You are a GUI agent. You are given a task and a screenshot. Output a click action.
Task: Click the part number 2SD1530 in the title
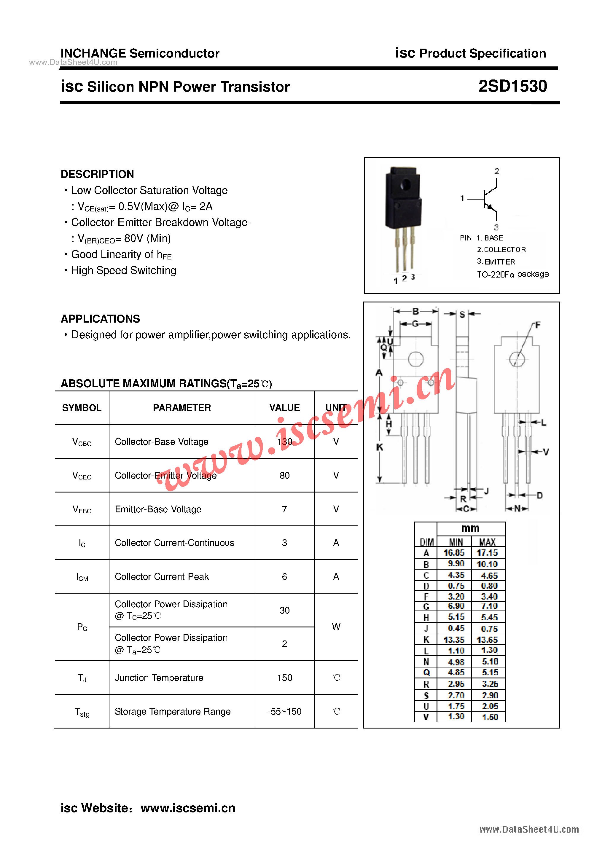click(512, 86)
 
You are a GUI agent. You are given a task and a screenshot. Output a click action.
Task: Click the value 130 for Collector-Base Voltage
click(284, 442)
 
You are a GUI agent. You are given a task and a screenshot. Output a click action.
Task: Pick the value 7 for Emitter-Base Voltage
click(284, 509)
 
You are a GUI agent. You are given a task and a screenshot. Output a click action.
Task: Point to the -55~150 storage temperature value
click(284, 711)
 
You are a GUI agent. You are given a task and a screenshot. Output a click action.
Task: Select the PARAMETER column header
click(182, 408)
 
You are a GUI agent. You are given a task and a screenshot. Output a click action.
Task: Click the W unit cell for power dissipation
click(336, 627)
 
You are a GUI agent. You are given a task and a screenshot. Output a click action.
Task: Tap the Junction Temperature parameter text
click(159, 678)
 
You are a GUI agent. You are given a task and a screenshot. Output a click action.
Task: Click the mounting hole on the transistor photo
click(405, 185)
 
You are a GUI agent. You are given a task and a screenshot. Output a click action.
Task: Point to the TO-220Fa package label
click(512, 274)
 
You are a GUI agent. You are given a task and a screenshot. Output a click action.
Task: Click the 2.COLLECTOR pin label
click(501, 250)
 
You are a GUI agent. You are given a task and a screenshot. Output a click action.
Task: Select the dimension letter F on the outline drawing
click(538, 325)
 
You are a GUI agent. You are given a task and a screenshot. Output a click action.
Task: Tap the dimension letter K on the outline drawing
click(380, 447)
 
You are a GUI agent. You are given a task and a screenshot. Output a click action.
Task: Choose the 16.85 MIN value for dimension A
click(454, 553)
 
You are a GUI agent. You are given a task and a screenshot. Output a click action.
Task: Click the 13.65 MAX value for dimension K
click(487, 640)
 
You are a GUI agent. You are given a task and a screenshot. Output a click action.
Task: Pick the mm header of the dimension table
click(470, 528)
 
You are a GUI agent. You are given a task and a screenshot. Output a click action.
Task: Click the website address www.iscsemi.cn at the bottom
click(188, 808)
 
